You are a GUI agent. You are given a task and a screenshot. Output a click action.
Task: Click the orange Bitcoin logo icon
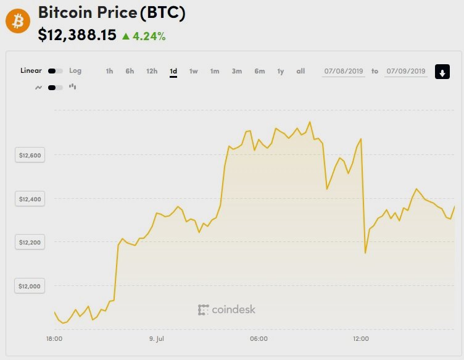(17, 22)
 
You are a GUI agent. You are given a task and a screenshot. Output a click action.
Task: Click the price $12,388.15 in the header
(77, 35)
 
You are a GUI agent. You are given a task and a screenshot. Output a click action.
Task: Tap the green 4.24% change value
(148, 36)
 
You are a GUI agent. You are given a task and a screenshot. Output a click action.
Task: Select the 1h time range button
(109, 72)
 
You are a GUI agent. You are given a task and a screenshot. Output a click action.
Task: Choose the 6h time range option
(130, 72)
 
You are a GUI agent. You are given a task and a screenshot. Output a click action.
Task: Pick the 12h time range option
(152, 72)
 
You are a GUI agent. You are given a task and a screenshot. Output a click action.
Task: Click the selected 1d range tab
(173, 72)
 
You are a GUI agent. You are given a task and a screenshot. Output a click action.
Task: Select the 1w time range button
(193, 72)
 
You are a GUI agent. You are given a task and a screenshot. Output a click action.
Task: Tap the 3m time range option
(236, 72)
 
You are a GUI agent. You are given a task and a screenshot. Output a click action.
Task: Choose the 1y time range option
(280, 72)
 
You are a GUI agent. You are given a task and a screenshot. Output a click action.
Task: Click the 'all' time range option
(300, 72)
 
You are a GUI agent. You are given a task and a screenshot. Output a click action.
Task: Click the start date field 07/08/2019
(344, 72)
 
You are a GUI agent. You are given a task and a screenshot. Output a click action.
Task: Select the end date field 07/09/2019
(405, 72)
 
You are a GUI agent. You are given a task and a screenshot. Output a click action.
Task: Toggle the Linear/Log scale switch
(55, 71)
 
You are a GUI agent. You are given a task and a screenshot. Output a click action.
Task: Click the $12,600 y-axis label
(30, 156)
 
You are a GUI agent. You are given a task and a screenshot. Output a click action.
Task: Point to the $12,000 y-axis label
(30, 286)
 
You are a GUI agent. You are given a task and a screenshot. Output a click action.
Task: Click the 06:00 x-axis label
(259, 339)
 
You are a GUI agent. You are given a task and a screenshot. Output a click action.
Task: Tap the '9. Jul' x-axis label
(157, 339)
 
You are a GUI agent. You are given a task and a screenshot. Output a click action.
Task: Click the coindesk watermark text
(226, 309)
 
